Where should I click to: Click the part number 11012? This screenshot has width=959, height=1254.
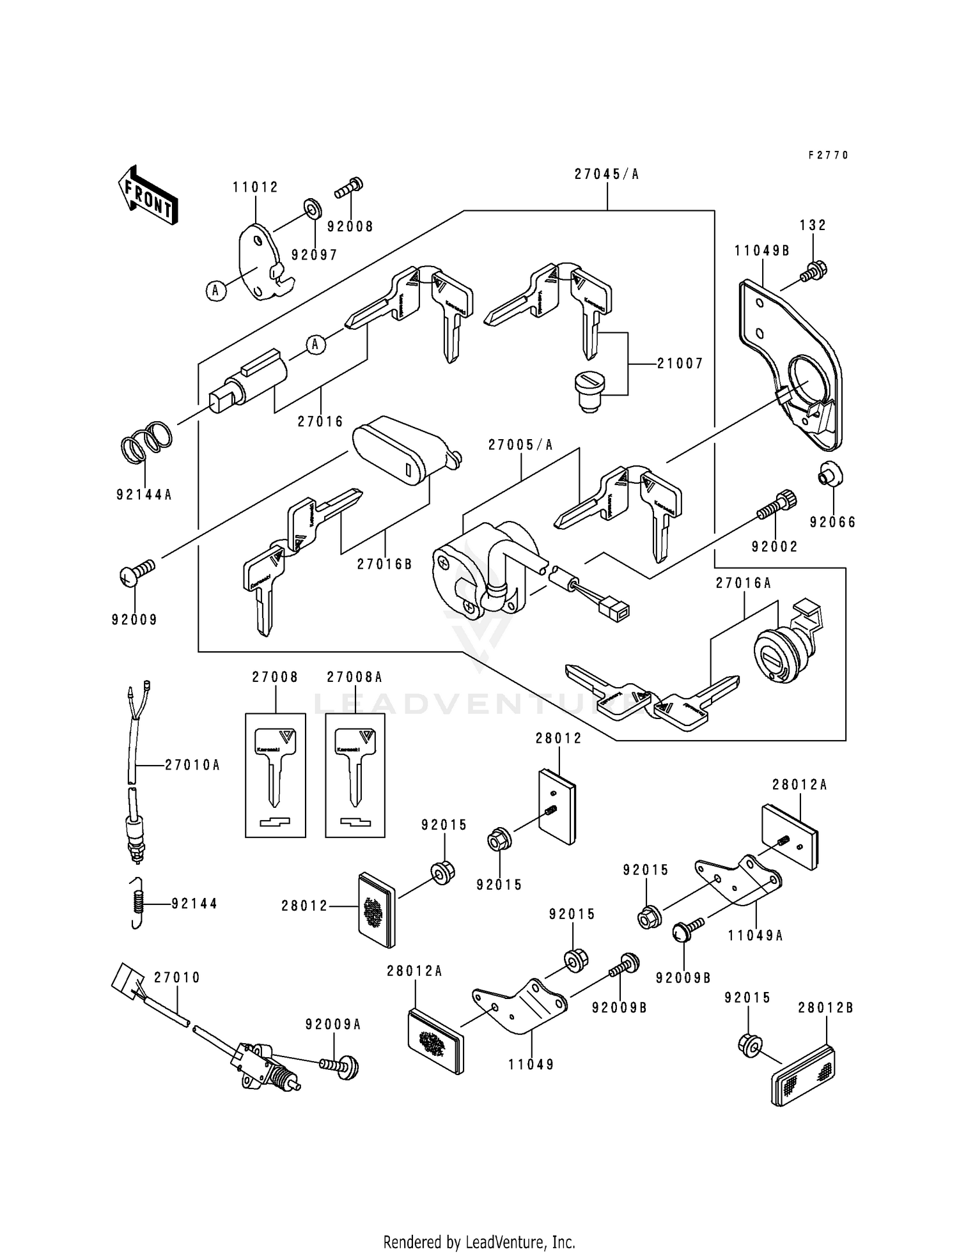pyautogui.click(x=255, y=187)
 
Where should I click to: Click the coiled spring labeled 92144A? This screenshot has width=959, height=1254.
pyautogui.click(x=146, y=442)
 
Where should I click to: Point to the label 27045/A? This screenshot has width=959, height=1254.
pyautogui.click(x=607, y=174)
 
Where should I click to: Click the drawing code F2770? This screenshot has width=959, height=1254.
pyautogui.click(x=828, y=155)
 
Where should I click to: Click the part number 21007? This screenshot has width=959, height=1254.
pyautogui.click(x=680, y=364)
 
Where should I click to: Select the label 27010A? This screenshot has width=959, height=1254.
pyautogui.click(x=192, y=765)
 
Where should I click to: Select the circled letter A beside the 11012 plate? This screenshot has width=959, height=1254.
pyautogui.click(x=215, y=291)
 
